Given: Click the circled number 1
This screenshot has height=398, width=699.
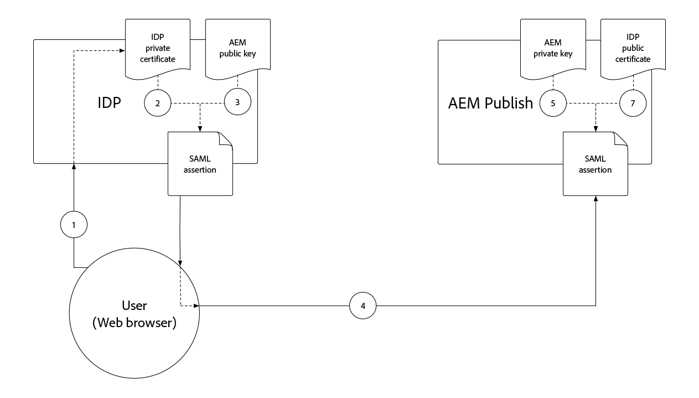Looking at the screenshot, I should [x=74, y=224].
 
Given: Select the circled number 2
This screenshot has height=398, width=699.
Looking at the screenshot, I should [x=158, y=103].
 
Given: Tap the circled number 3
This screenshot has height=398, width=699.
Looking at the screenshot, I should [x=237, y=103].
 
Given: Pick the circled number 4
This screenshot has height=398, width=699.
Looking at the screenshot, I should [x=363, y=306].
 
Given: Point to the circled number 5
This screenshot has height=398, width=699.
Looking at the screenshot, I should [x=553, y=103].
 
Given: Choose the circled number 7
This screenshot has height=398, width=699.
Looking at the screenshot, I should [x=633, y=103].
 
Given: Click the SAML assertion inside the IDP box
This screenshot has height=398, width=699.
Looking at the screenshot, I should [x=200, y=164].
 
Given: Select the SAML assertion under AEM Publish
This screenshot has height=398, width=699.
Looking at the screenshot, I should [x=595, y=164].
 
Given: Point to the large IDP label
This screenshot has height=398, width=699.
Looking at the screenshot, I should [x=109, y=103].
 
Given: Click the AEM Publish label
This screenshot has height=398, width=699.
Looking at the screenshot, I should [x=490, y=103].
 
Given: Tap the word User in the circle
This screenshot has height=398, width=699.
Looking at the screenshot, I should [x=134, y=306].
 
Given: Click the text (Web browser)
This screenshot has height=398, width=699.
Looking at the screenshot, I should [x=134, y=323].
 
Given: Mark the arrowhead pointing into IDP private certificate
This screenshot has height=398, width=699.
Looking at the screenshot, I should [x=122, y=51].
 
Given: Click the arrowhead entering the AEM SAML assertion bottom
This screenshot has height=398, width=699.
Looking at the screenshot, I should [x=596, y=199].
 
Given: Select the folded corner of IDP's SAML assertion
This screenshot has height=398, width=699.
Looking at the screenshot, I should [x=225, y=139].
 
